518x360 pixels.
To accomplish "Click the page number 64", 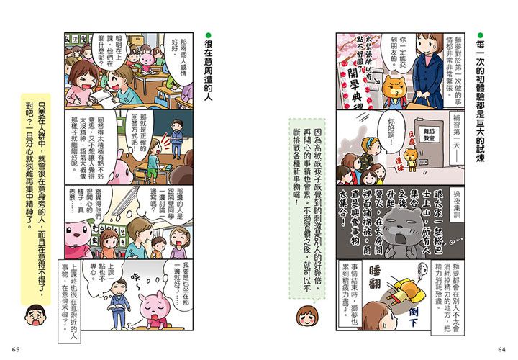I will pos(501,350).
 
